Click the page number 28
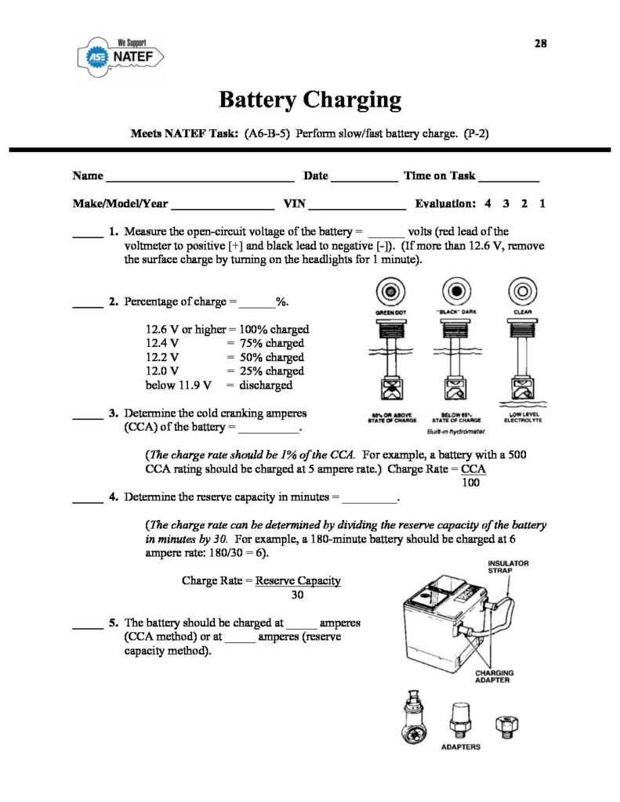click(540, 44)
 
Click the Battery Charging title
click(310, 100)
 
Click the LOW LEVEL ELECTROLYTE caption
click(522, 417)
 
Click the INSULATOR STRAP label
click(509, 566)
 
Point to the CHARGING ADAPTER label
click(493, 676)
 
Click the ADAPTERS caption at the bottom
click(461, 747)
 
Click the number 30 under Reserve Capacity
click(297, 595)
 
